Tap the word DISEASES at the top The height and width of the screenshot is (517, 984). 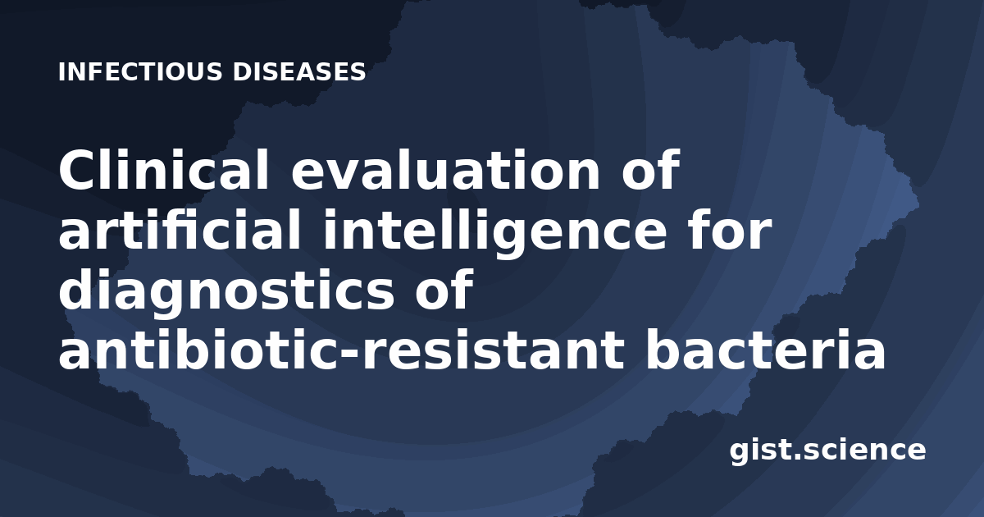(299, 71)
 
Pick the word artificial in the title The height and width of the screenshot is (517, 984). (180, 229)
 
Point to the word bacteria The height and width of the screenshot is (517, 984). (765, 349)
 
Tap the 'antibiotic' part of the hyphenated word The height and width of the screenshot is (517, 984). (198, 349)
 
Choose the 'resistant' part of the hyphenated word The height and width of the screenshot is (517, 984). (492, 349)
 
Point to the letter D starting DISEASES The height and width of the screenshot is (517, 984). (243, 71)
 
